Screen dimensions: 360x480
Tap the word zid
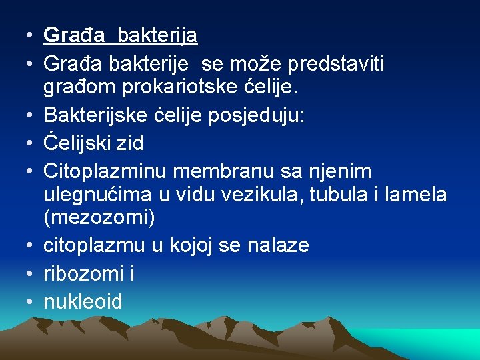(131, 143)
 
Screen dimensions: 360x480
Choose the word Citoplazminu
(104, 171)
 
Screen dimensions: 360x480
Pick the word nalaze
(278, 245)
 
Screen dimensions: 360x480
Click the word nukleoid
(83, 302)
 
